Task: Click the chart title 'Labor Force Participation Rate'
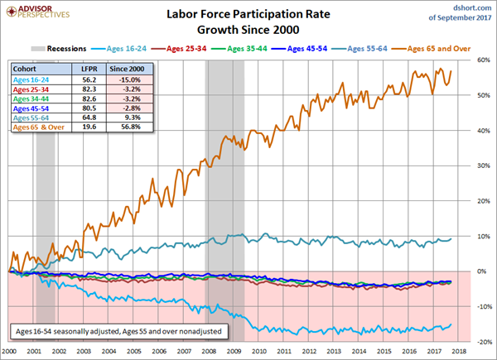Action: coord(248,13)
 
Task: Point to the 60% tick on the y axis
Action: coord(482,60)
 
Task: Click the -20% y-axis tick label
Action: coord(481,341)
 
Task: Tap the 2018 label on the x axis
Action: coord(469,351)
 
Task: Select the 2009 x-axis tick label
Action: coord(238,351)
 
